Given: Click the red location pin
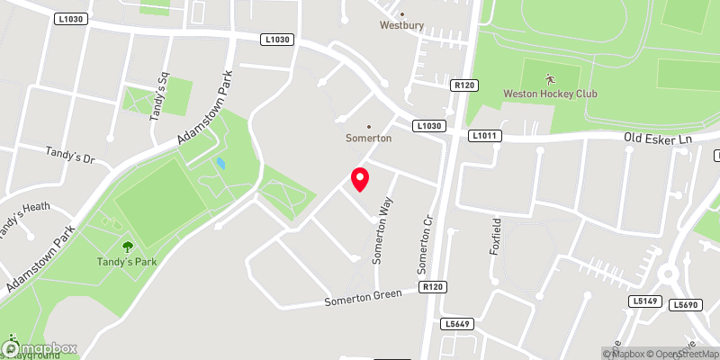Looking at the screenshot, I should (x=360, y=179).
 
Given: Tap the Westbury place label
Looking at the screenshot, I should (x=400, y=25).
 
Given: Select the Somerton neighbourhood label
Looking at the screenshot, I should (x=368, y=138).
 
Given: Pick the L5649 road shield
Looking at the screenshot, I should (x=457, y=323).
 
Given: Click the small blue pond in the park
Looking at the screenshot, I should (x=220, y=164).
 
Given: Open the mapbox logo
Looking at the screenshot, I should (x=40, y=348).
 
